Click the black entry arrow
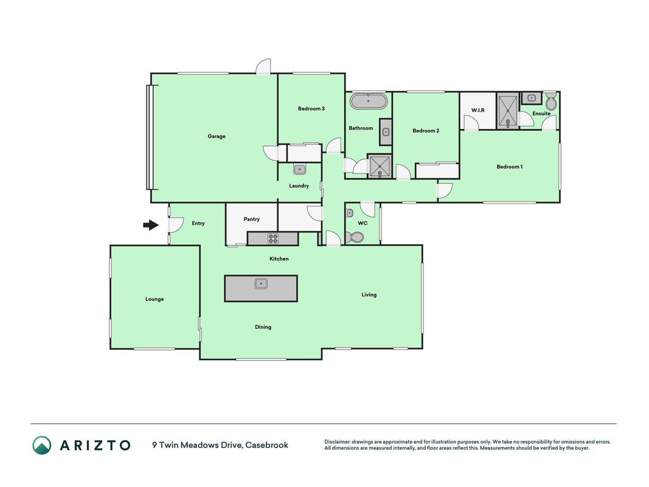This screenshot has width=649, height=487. pyautogui.click(x=151, y=225)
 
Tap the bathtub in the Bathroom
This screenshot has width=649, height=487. pyautogui.click(x=369, y=101)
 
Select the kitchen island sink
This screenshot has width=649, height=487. pyautogui.click(x=261, y=284)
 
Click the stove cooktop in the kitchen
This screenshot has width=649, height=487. pyautogui.click(x=272, y=239)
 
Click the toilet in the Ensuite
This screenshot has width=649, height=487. pyautogui.click(x=551, y=100)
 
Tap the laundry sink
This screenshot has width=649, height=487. pyautogui.click(x=300, y=169)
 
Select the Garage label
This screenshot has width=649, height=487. pyautogui.click(x=217, y=136)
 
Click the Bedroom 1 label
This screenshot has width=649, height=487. pyautogui.click(x=510, y=167)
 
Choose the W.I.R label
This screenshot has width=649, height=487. pyautogui.click(x=477, y=110)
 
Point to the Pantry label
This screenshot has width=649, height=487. pyautogui.click(x=252, y=219)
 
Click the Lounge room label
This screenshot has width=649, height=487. pyautogui.click(x=154, y=299)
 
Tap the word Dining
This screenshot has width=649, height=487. pyautogui.click(x=263, y=327)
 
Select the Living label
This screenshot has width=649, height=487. pyautogui.click(x=369, y=295)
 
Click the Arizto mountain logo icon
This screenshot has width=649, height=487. pyautogui.click(x=42, y=445)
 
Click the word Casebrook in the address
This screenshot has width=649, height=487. pyautogui.click(x=267, y=445)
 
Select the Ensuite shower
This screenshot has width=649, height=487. pyautogui.click(x=508, y=111)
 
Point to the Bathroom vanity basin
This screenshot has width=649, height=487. pyautogui.click(x=386, y=132)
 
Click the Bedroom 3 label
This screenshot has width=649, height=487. pyautogui.click(x=311, y=108)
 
